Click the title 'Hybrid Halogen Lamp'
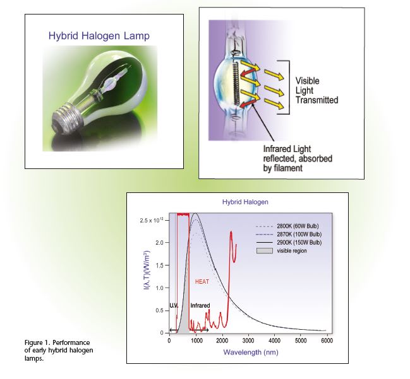click(99, 36)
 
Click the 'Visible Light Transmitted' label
click(317, 90)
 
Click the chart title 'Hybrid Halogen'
click(245, 202)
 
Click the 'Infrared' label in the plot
click(200, 305)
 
